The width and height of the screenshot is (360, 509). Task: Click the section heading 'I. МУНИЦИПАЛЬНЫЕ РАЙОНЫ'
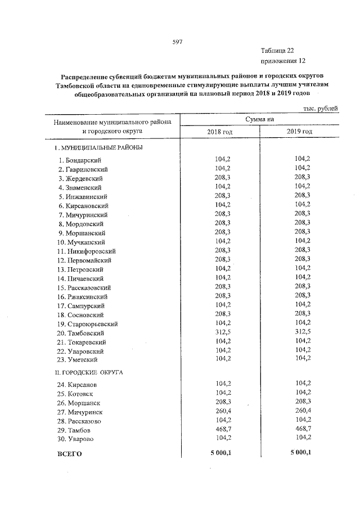(x=98, y=148)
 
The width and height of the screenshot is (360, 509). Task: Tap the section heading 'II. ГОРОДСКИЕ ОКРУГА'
(x=89, y=372)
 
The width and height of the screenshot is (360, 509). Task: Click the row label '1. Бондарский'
(x=80, y=160)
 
